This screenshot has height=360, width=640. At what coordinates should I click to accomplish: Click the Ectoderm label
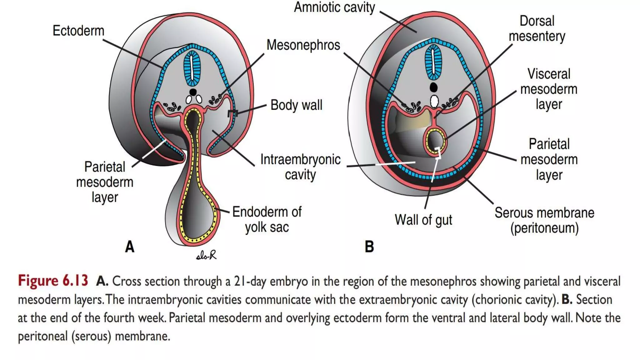point(78,31)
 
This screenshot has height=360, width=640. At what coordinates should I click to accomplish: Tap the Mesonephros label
point(303,45)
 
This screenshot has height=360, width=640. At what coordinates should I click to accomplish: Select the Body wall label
point(296,105)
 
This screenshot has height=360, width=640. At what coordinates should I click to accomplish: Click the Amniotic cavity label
point(334,7)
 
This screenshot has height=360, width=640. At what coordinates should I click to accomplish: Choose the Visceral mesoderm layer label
point(548,89)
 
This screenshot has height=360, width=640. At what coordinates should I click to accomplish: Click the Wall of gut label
point(423,220)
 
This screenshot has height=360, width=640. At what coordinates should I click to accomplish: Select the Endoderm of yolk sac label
point(267,219)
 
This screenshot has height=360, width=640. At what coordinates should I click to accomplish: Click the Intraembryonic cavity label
point(300,167)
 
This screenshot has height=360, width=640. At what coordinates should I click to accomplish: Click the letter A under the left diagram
point(130,247)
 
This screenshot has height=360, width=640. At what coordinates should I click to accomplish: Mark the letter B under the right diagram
point(369,247)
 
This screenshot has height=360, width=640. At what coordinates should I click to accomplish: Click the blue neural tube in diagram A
point(192,68)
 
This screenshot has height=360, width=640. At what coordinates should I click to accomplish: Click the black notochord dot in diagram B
point(433,87)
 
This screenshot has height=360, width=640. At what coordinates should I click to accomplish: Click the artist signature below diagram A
point(206,256)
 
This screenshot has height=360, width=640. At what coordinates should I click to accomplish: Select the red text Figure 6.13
point(53,281)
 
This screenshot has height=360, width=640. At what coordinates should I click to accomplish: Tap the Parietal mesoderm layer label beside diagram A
point(105,182)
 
